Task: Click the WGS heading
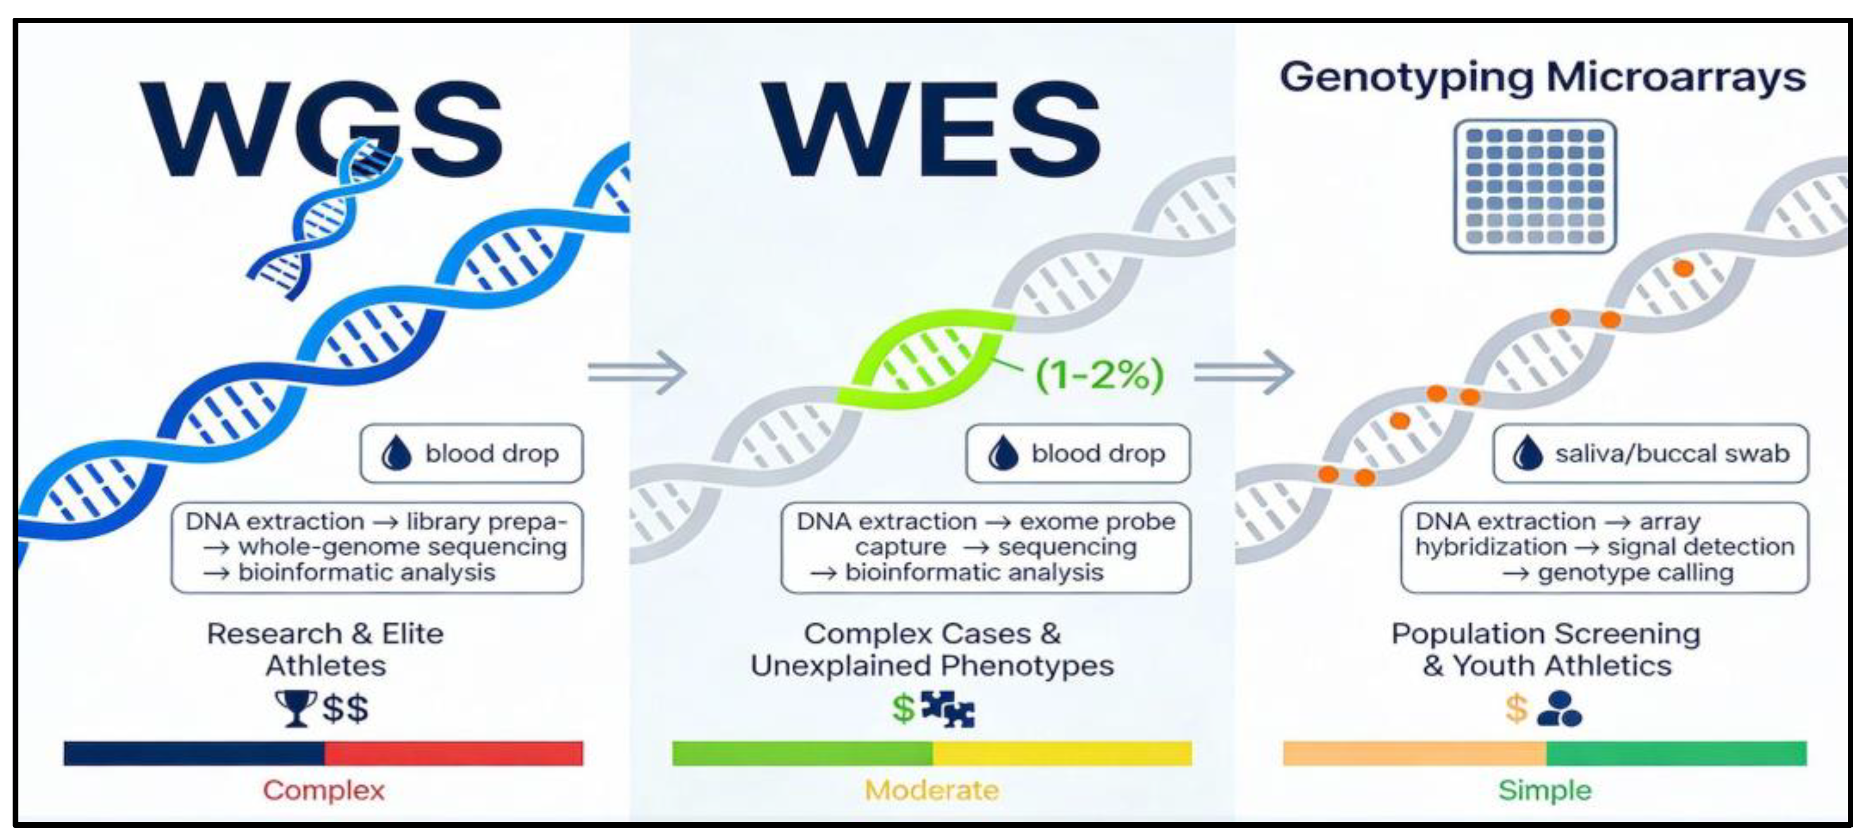tap(320, 130)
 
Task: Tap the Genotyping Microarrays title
tap(1542, 77)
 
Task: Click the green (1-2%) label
tap(1099, 375)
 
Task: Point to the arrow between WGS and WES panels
tap(637, 372)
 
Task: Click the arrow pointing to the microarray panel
tap(1243, 372)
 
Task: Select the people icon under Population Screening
tap(1559, 709)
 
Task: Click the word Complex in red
tap(323, 791)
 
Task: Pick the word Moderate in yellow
tap(931, 791)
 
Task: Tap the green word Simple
tap(1545, 791)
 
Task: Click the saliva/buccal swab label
tap(1671, 454)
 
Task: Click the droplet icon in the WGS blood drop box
tap(396, 454)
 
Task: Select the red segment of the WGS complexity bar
tap(454, 753)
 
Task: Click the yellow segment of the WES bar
tap(1062, 753)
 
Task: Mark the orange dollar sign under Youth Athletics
tap(1516, 709)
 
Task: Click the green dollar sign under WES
tap(903, 709)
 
